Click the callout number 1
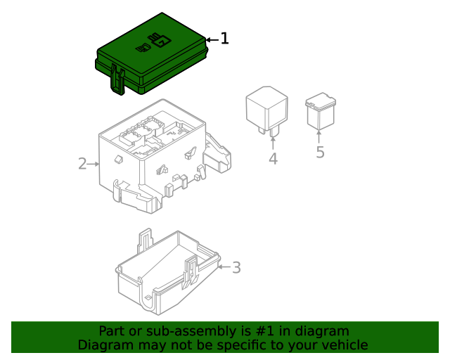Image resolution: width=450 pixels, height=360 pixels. (x=224, y=39)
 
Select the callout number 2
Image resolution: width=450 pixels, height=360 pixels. (x=82, y=164)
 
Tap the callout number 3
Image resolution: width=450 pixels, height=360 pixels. (x=236, y=267)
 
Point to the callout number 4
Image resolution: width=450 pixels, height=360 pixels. (x=273, y=160)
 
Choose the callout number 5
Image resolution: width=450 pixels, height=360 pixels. (x=320, y=152)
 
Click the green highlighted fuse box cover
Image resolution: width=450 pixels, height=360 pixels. (x=162, y=63)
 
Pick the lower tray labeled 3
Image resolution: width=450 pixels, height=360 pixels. (x=165, y=278)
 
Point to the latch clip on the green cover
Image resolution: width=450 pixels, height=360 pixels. (x=117, y=79)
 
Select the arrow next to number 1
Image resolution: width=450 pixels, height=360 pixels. (x=212, y=39)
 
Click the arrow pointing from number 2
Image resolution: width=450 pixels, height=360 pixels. (x=94, y=164)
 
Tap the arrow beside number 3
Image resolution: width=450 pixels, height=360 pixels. (x=224, y=267)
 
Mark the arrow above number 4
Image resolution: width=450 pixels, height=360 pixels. (x=273, y=143)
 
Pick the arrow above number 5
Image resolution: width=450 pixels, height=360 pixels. (x=319, y=136)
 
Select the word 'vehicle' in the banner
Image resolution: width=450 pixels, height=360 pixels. (x=344, y=345)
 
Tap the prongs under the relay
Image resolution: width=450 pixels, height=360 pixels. (x=271, y=131)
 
